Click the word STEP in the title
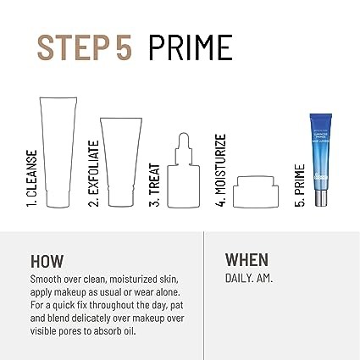tap(74, 47)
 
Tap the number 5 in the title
tap(124, 47)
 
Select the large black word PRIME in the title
tap(191, 47)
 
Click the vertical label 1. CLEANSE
tap(31, 179)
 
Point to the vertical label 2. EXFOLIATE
tap(93, 174)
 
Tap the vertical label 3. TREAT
tap(155, 185)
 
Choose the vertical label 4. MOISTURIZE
tap(220, 170)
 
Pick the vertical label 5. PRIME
tap(300, 186)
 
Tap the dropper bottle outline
tap(169, 186)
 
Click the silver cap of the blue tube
tap(321, 198)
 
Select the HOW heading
tap(47, 261)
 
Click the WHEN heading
tap(246, 260)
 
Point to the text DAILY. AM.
tap(249, 279)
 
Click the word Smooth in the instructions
tap(46, 280)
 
